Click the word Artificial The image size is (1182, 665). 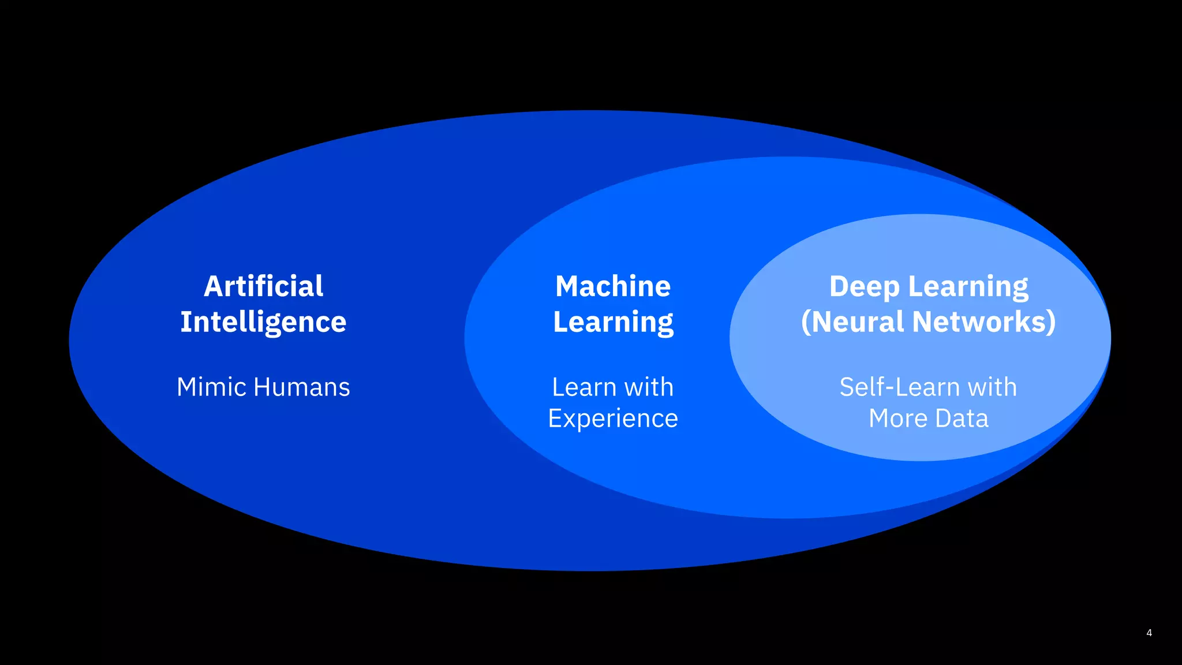(x=263, y=286)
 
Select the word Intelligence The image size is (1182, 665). (x=263, y=322)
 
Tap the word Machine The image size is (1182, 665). (x=613, y=286)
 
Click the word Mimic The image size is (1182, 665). (x=212, y=387)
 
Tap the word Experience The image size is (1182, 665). (x=613, y=419)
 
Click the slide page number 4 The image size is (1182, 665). (x=1149, y=633)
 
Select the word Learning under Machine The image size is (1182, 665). (x=613, y=322)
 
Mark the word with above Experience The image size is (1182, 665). (x=649, y=387)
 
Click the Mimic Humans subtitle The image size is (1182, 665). (x=263, y=387)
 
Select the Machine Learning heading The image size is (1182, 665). (x=613, y=304)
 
